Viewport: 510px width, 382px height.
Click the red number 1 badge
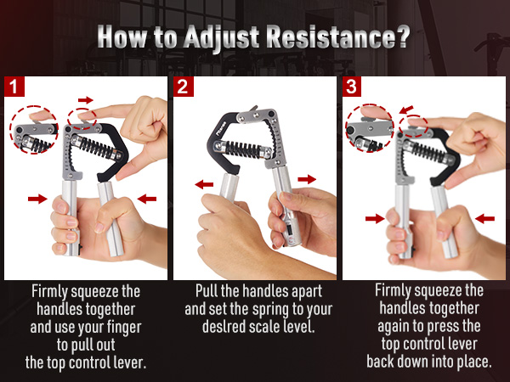tap(13, 86)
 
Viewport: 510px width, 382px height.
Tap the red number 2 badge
tap(182, 86)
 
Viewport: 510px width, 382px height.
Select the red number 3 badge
tap(351, 86)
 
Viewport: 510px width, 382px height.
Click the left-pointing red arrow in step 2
tap(205, 183)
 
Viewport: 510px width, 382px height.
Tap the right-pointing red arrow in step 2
tap(307, 179)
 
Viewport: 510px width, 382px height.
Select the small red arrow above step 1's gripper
tap(85, 99)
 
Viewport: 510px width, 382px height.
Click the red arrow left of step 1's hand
tap(37, 199)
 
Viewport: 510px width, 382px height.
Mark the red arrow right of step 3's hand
tap(485, 218)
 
